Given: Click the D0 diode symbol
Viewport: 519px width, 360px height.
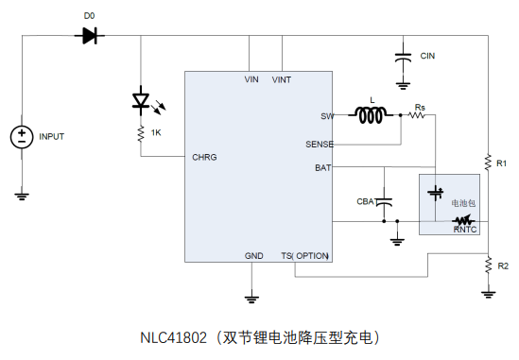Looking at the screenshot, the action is coord(90,35).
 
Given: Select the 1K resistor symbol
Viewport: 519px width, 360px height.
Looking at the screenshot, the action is coord(141,133).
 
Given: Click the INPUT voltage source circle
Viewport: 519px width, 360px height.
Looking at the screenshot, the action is coord(22,137).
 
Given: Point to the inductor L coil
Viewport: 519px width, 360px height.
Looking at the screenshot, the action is coord(371,115).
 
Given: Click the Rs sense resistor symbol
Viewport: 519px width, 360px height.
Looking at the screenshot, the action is coord(417,115).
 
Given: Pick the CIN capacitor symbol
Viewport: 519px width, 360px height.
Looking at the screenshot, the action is coord(403,58).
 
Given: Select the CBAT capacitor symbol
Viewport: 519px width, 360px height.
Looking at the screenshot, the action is coord(384,202).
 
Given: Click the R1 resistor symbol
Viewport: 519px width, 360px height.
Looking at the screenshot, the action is coord(488,163).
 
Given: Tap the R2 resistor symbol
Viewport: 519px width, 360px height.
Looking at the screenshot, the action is coord(488,266).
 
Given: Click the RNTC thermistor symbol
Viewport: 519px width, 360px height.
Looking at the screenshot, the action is coord(464,220).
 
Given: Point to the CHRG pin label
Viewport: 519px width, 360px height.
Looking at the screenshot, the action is coord(204,157).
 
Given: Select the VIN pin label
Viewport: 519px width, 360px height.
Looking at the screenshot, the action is coord(251,79).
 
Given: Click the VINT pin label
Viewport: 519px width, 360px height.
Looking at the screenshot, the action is coord(282,79).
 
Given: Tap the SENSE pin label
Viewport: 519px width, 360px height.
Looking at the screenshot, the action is coord(320,145).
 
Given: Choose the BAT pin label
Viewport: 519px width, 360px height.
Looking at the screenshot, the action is coord(323,168).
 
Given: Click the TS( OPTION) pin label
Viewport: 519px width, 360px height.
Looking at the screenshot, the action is coord(304,256).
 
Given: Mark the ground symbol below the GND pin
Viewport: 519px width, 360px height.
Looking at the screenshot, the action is coord(251,300).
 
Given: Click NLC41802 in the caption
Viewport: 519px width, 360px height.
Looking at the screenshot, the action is coord(173,338).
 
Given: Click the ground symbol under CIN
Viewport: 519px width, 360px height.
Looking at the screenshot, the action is coord(403,86).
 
